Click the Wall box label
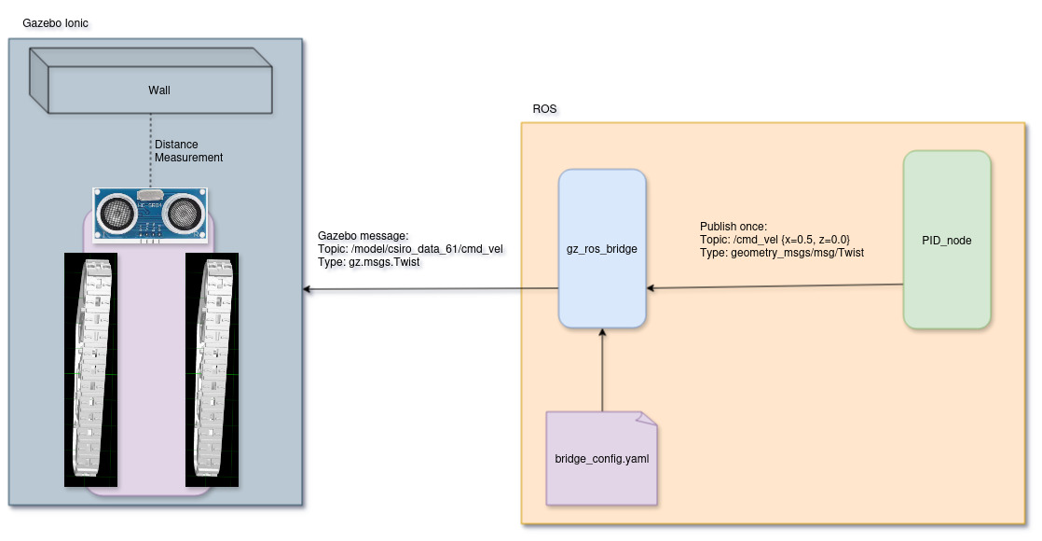pos(159,90)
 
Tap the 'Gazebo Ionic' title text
pos(56,21)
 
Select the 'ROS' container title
pos(544,109)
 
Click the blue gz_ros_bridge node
pos(602,249)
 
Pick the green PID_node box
pos(946,240)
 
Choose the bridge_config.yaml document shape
pos(602,459)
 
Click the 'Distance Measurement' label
pos(188,151)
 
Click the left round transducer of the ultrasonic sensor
pos(117,213)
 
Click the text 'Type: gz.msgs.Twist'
pos(369,263)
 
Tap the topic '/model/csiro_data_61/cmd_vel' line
pos(410,250)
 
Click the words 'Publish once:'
pos(733,227)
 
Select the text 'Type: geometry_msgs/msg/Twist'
pos(782,253)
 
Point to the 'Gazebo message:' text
pos(363,237)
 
